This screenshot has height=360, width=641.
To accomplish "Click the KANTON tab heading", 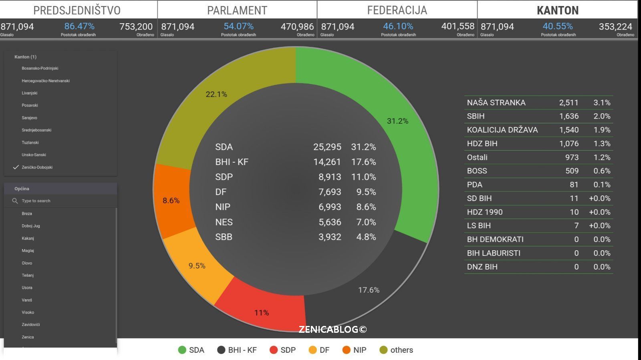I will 557,10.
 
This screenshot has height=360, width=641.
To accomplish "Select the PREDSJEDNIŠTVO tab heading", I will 77,10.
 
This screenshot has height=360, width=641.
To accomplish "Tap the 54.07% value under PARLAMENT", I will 238,26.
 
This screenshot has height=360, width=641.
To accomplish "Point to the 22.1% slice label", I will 216,94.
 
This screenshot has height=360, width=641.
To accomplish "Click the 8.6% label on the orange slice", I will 171,200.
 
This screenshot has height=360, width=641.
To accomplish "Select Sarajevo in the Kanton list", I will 29,118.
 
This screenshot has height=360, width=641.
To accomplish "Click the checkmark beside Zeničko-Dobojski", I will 16,167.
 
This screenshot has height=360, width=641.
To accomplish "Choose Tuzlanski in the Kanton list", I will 30,143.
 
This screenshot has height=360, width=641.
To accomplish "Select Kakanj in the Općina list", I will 28,238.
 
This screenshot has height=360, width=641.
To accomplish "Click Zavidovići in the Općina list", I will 30,324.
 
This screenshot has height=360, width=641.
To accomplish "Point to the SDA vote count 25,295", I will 327,147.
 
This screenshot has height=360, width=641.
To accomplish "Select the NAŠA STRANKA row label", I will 496,103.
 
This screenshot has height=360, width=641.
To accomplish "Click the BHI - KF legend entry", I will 237,350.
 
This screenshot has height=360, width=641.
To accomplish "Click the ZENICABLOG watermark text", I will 333,329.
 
